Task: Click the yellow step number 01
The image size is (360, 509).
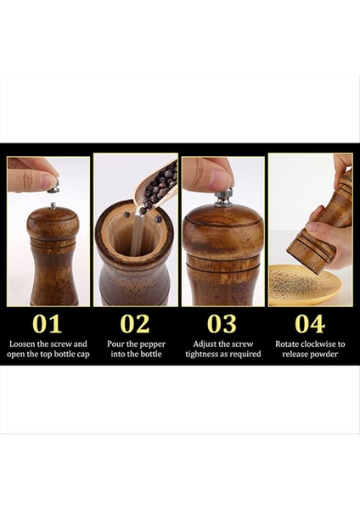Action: (47, 324)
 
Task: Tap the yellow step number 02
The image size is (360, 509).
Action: (135, 324)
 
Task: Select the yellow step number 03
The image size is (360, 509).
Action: (222, 324)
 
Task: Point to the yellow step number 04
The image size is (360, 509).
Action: (310, 324)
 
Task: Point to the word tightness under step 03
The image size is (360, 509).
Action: (202, 354)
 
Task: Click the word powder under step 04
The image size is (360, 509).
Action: (324, 354)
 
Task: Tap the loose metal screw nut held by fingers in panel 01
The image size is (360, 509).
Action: (53, 187)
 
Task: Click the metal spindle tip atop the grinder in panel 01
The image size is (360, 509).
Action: (53, 205)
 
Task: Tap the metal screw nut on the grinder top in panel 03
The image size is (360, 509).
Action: (223, 198)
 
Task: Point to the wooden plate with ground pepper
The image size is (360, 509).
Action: (305, 285)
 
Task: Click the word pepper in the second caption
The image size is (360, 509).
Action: (153, 344)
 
